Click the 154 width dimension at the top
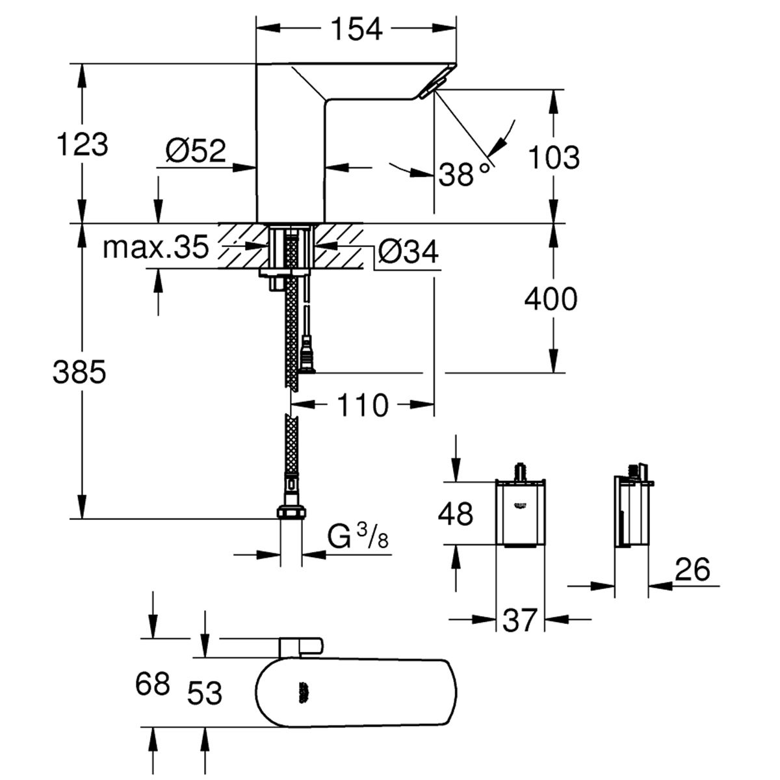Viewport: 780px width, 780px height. (x=356, y=29)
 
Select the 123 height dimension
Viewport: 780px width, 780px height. (x=83, y=144)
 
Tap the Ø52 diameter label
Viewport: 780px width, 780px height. (x=196, y=151)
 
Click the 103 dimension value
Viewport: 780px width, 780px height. (x=554, y=157)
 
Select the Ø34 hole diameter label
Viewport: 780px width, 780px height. (x=408, y=252)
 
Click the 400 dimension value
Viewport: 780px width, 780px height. (x=551, y=299)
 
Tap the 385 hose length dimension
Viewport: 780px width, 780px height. (x=80, y=372)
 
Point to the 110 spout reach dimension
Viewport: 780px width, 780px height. (x=363, y=405)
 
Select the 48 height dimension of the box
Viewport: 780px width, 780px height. (x=456, y=514)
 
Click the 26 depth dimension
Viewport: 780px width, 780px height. (x=692, y=569)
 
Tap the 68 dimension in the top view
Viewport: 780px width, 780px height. (x=153, y=684)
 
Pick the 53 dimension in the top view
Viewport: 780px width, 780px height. (x=205, y=693)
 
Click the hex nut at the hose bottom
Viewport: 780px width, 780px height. (x=291, y=512)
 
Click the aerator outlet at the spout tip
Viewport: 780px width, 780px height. (x=432, y=88)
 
